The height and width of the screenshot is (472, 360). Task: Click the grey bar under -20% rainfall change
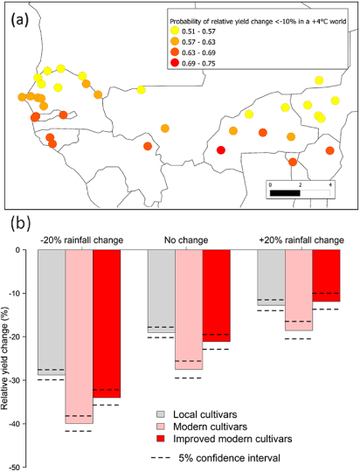tap(51, 313)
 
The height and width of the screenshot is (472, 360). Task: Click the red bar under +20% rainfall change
tap(326, 275)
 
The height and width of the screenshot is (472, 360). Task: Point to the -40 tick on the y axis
tap(24, 423)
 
